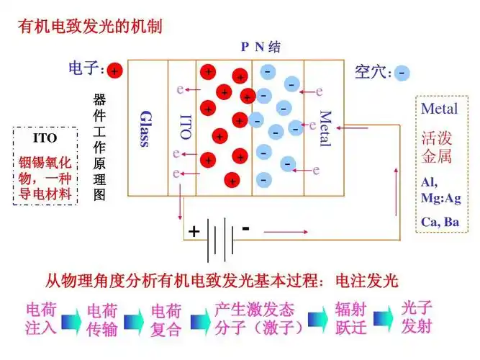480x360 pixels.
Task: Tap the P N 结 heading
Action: coord(261,48)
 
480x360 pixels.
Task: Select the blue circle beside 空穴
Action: coord(402,73)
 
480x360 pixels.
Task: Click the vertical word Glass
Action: coord(145,128)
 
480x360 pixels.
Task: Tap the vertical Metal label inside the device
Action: coord(325,128)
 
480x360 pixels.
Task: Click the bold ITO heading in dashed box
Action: coord(45,138)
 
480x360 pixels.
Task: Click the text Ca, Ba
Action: coord(440,222)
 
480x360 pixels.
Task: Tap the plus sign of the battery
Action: coord(194,231)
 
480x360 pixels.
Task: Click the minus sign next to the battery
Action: coord(245,228)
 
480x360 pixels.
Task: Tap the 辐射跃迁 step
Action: coord(351,319)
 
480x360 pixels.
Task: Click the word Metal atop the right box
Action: coord(439,109)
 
